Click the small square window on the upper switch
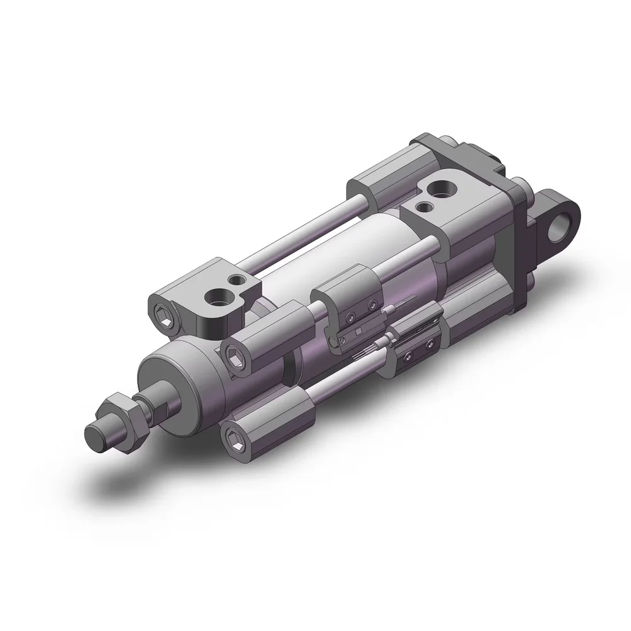357,332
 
